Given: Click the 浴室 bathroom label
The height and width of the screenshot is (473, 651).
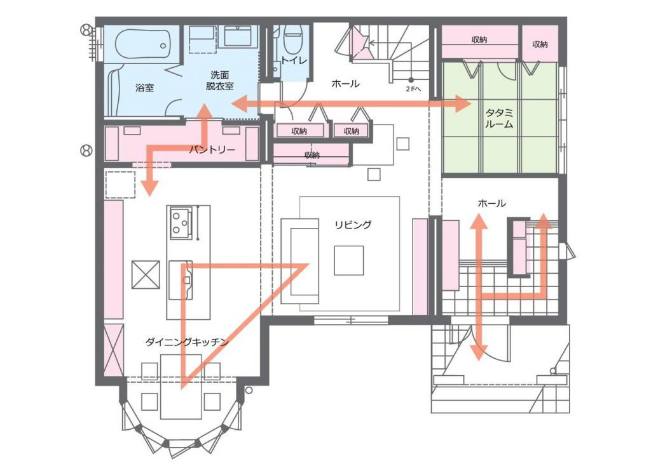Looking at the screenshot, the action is (144, 88).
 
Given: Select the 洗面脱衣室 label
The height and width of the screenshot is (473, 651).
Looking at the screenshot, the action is (219, 81).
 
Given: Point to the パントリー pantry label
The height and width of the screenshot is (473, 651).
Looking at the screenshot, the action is (212, 149).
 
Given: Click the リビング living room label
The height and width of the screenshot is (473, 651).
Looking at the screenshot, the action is (353, 224).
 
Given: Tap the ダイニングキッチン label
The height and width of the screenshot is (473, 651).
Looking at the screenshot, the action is (187, 342).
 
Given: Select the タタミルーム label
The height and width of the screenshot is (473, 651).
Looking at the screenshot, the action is (500, 118).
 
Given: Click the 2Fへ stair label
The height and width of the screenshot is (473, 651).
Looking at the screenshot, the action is (413, 89).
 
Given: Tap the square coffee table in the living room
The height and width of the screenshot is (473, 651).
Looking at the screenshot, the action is (349, 260).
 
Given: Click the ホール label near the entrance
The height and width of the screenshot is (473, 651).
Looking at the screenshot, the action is (492, 203).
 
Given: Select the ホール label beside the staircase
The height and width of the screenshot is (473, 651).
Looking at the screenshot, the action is (345, 84).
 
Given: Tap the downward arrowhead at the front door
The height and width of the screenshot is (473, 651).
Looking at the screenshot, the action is (479, 352).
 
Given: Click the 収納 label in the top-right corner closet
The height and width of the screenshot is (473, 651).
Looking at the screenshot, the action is (540, 44).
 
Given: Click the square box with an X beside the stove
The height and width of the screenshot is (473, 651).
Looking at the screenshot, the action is (146, 274).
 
